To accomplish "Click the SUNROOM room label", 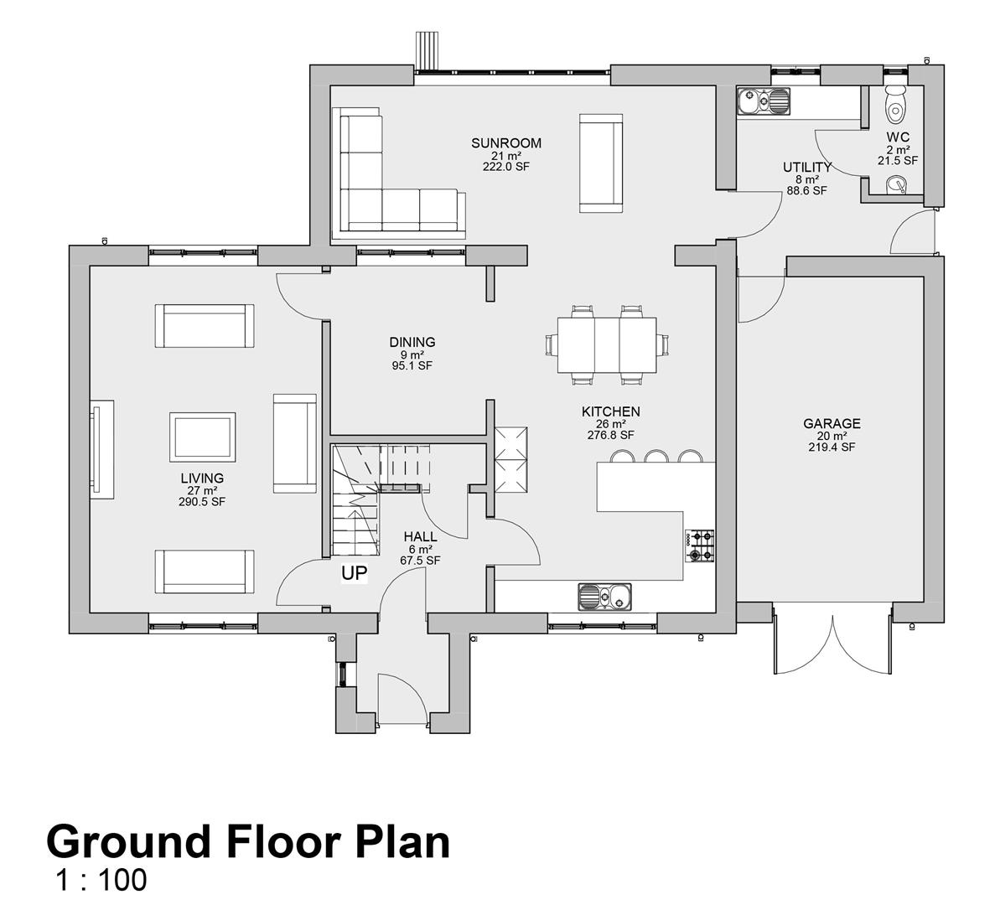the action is pos(505,143).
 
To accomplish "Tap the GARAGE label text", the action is pos(832,424).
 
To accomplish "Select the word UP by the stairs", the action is pos(354,573).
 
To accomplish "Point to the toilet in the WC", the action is pos(895,103).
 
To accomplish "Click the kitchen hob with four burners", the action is pos(699,546).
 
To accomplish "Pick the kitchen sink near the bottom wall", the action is pos(604,597).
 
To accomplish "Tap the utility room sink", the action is pos(764,101).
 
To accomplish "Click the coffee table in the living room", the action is pos(202,437).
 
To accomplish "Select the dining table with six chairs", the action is pos(607,345).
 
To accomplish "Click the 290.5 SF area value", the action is pos(202,502).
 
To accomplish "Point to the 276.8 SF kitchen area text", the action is pos(610,435).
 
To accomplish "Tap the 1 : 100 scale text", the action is pos(101,880).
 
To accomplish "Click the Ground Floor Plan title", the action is pos(248,841).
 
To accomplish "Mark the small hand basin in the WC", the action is pos(897,184).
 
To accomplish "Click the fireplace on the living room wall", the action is pos(101,449).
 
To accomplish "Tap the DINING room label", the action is pos(412,343).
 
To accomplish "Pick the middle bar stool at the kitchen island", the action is pos(656,457).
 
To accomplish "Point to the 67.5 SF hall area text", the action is pos(419,561).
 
